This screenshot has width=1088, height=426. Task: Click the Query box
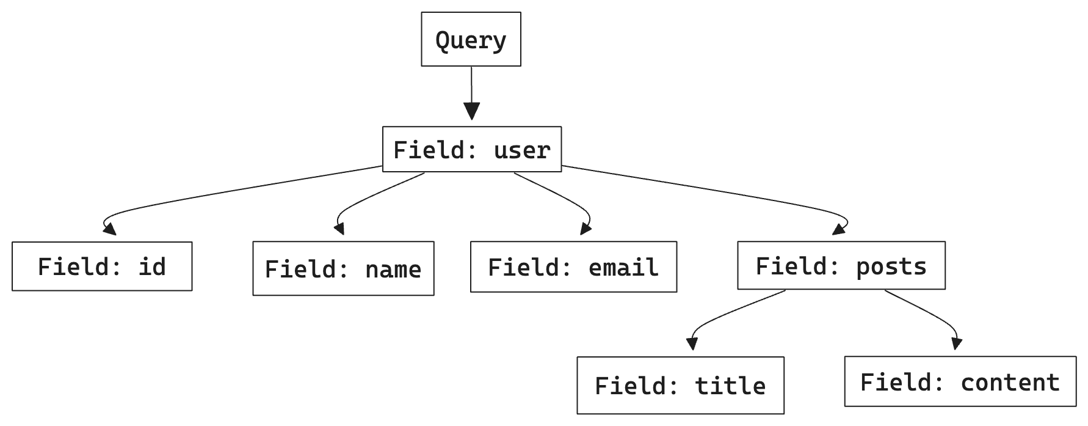pyautogui.click(x=471, y=39)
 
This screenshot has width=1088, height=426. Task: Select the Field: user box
pyautogui.click(x=472, y=149)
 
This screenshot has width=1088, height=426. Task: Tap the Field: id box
pyautogui.click(x=102, y=266)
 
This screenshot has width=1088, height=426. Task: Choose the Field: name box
pyautogui.click(x=343, y=268)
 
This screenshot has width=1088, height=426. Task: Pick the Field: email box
pyautogui.click(x=573, y=266)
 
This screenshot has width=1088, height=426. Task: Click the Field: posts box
pyautogui.click(x=841, y=265)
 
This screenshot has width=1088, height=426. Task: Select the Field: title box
pyautogui.click(x=680, y=385)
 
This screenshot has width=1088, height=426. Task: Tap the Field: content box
pyautogui.click(x=960, y=381)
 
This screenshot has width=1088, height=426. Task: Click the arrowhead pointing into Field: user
pyautogui.click(x=471, y=111)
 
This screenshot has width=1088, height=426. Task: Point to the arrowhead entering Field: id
pyautogui.click(x=110, y=229)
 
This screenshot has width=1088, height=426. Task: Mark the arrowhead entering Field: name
pyautogui.click(x=339, y=229)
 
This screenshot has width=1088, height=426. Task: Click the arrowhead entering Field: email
pyautogui.click(x=586, y=229)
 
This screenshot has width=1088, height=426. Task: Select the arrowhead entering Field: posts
pyautogui.click(x=840, y=229)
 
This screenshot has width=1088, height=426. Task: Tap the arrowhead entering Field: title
pyautogui.click(x=692, y=343)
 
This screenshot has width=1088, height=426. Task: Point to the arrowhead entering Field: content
pyautogui.click(x=957, y=343)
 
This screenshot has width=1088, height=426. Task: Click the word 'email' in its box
pyautogui.click(x=623, y=267)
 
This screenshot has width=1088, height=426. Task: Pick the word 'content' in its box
pyautogui.click(x=1010, y=382)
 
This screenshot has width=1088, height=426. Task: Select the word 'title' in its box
pyautogui.click(x=730, y=386)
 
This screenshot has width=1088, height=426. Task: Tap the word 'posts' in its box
pyautogui.click(x=891, y=266)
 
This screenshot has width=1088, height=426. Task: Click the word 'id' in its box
pyautogui.click(x=152, y=266)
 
